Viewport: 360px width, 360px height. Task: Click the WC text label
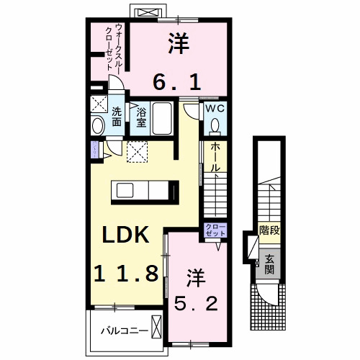215,109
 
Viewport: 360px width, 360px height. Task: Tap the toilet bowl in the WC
215,127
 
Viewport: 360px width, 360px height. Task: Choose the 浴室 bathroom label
142,117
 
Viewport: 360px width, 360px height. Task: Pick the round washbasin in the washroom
99,126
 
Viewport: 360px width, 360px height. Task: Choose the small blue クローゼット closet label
215,231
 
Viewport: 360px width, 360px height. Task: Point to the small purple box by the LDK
95,150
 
